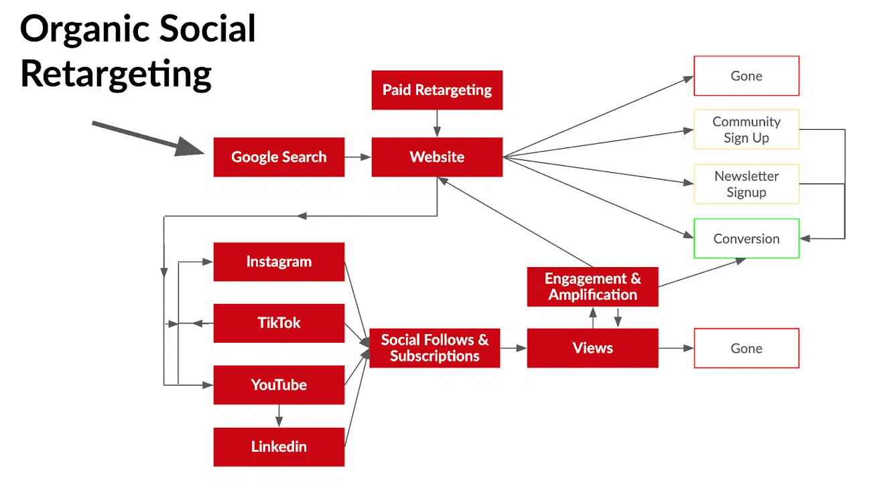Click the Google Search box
279,157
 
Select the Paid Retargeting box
437,90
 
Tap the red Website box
437,157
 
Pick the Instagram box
279,262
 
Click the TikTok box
279,323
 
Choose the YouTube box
279,385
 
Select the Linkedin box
279,447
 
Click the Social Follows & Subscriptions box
435,348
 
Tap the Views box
592,348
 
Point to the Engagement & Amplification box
592,287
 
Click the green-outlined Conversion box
746,238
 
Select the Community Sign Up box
746,129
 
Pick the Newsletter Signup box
746,184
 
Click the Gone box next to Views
746,348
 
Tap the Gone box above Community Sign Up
746,76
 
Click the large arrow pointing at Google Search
147,139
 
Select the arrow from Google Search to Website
358,157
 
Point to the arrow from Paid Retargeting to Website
437,124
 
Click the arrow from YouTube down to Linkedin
279,416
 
